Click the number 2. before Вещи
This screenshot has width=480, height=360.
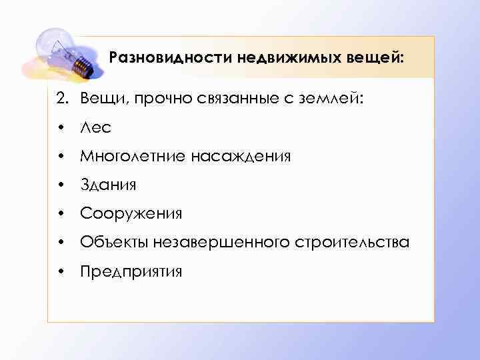[x=62, y=99]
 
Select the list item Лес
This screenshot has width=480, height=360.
[x=96, y=128]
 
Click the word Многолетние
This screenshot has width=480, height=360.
[x=133, y=157]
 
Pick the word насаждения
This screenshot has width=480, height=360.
[x=241, y=157]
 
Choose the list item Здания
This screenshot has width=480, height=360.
[x=107, y=185]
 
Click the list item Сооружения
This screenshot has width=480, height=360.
[x=131, y=214]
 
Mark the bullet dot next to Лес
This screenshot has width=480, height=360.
[x=61, y=129]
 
